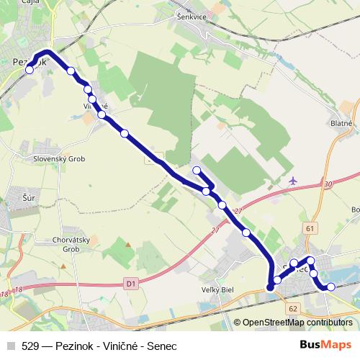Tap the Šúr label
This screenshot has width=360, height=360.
29,195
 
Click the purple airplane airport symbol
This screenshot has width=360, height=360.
292,180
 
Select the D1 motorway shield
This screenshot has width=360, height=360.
130,284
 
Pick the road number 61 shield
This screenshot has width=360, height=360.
310,228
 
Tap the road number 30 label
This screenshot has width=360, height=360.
328,185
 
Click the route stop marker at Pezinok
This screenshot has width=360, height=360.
30,71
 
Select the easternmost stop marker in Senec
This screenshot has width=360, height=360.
331,287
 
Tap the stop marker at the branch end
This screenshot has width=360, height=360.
197,170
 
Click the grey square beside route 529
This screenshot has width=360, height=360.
10,346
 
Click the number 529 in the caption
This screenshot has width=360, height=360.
31,346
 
